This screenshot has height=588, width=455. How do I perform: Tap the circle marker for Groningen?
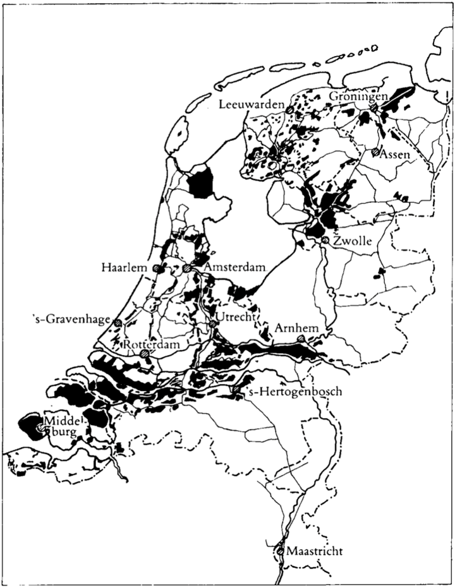tap(374, 108)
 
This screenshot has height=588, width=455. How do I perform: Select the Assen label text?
tap(393, 155)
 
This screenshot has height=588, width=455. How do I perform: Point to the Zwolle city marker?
tap(325, 241)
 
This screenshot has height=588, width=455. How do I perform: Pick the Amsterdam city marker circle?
tap(186, 268)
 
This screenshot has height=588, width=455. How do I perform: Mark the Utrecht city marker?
tap(214, 323)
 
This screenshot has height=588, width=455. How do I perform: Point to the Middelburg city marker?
tap(41, 428)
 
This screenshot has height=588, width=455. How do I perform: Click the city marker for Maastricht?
tap(280, 551)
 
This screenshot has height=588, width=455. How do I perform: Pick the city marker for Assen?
tap(375, 152)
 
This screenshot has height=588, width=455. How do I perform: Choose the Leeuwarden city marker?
tap(289, 110)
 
